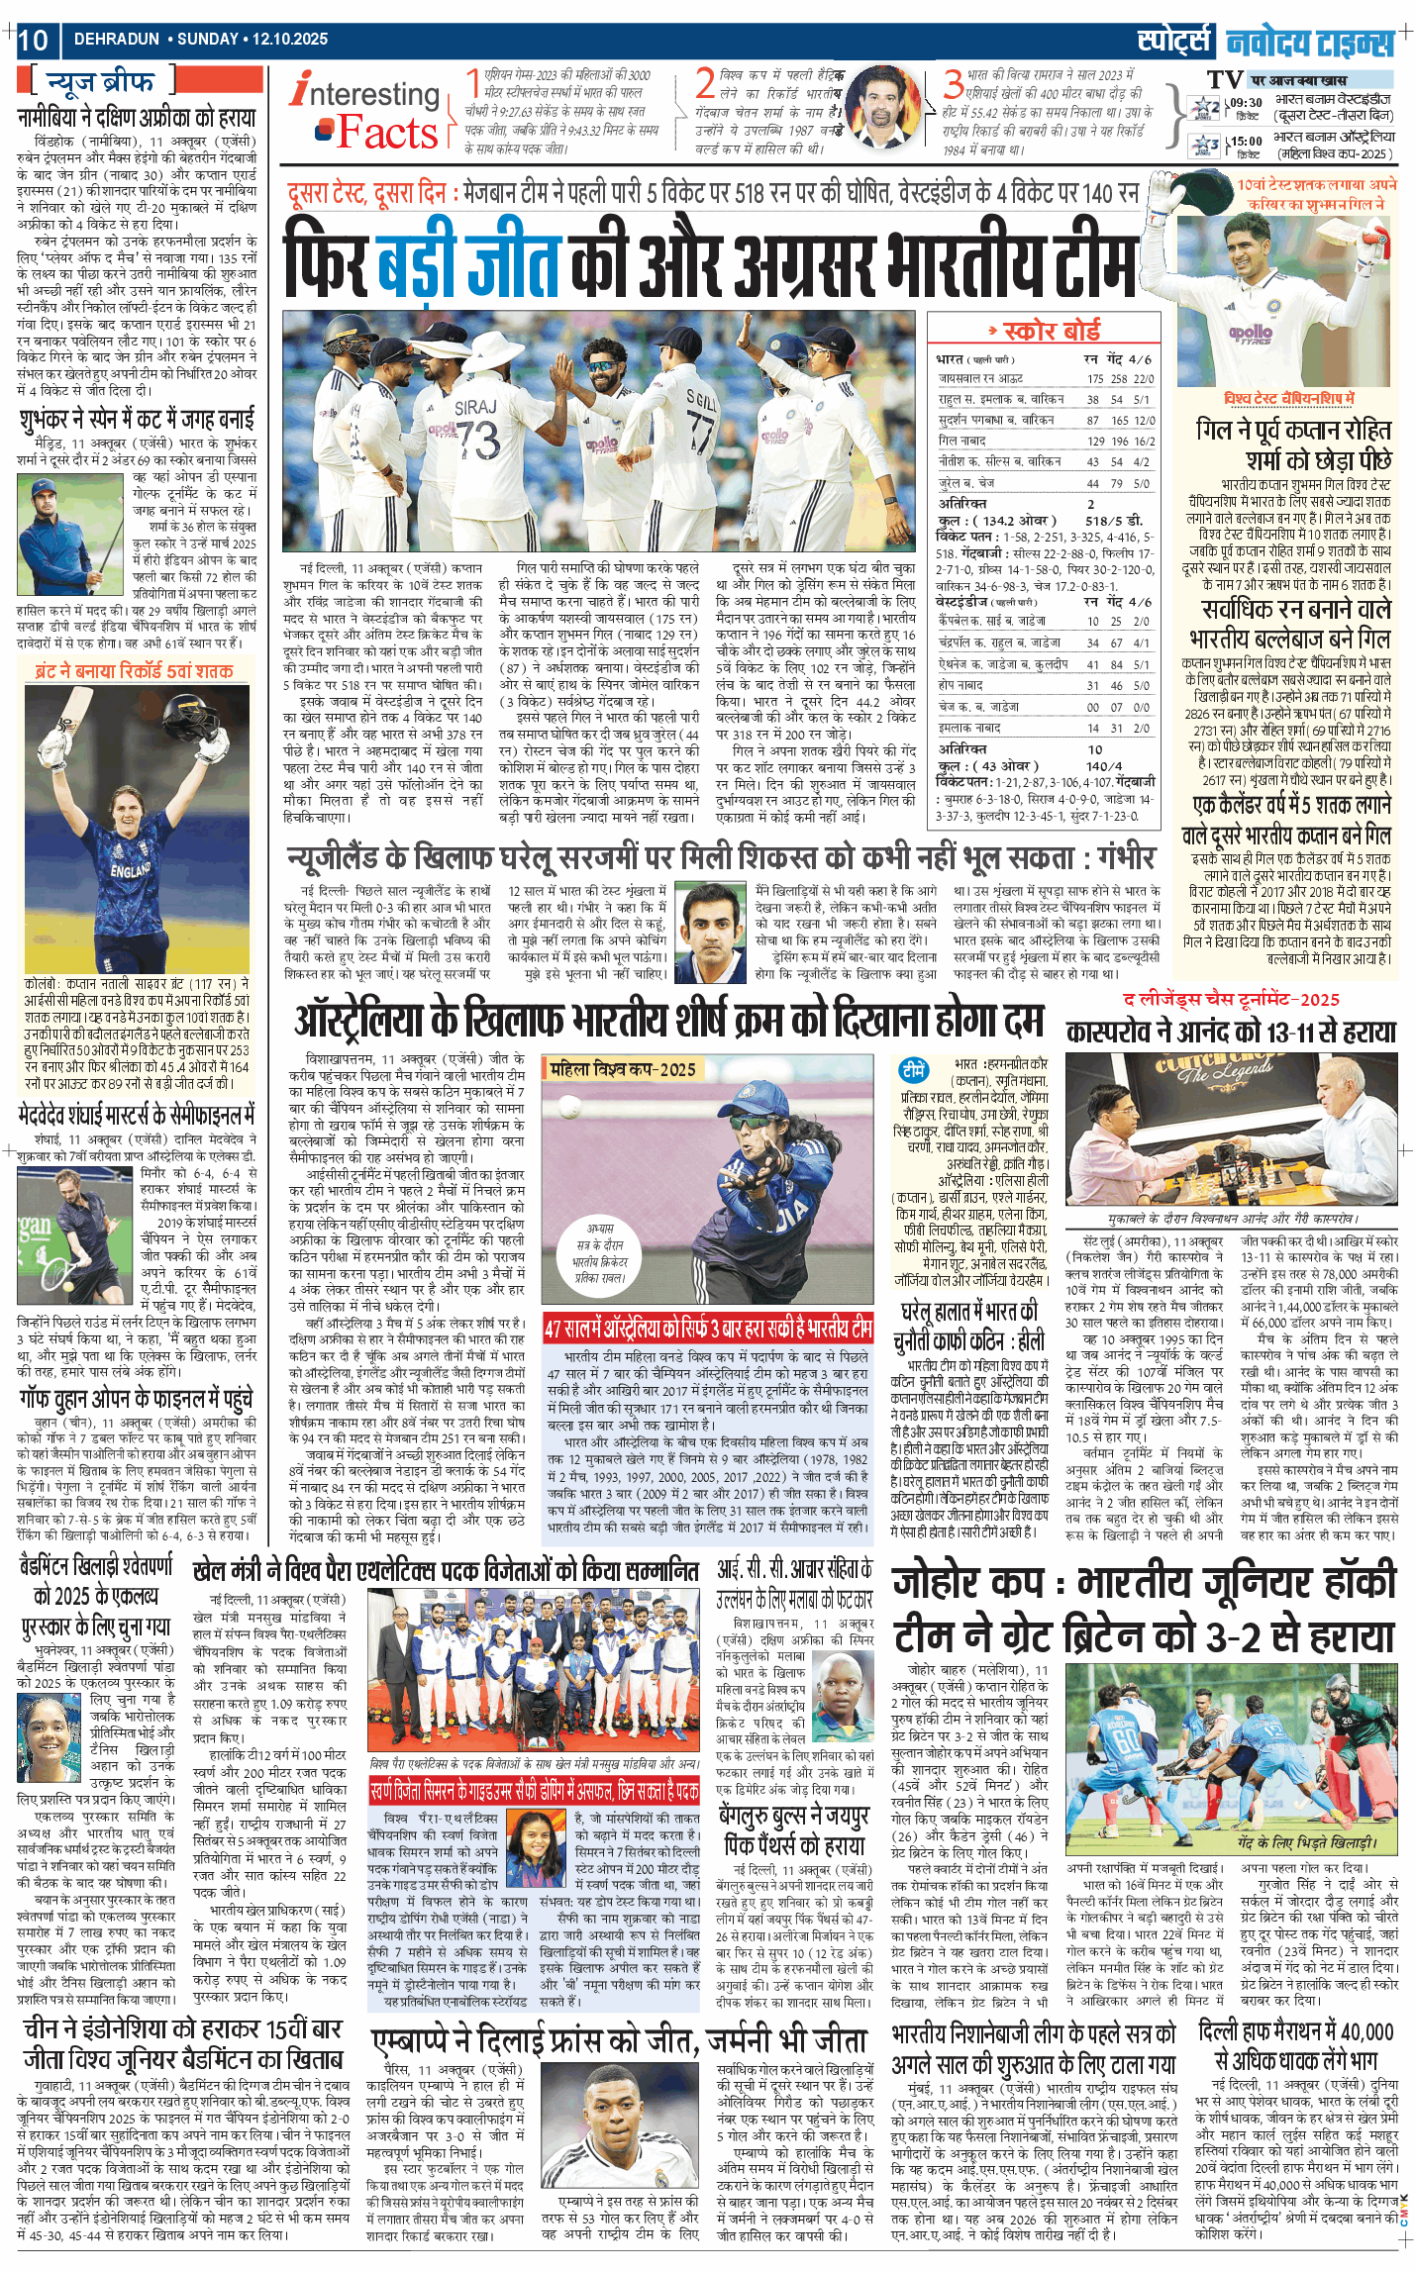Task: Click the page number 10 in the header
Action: click(x=33, y=40)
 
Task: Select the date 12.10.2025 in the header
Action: click(x=289, y=40)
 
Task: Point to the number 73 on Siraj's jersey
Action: click(x=477, y=439)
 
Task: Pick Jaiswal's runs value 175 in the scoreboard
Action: click(x=1094, y=378)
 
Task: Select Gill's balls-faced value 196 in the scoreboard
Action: click(x=1118, y=441)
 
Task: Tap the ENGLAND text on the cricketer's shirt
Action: click(x=130, y=871)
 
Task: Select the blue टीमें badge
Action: click(x=913, y=1070)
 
